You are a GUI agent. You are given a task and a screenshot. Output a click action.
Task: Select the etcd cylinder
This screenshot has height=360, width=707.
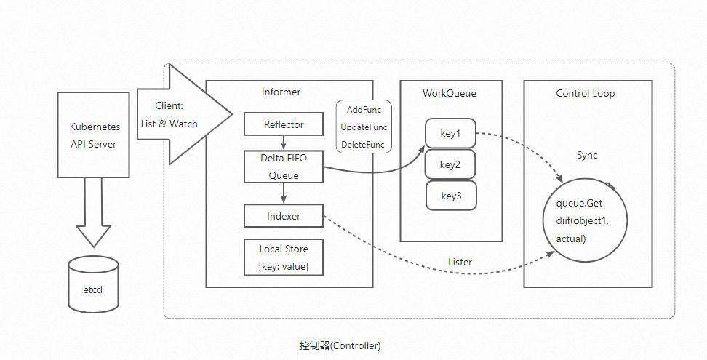click(x=93, y=284)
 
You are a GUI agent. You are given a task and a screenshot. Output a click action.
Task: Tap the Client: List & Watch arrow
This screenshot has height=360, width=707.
click(x=182, y=115)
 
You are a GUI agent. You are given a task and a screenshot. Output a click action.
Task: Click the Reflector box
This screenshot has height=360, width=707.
click(x=284, y=124)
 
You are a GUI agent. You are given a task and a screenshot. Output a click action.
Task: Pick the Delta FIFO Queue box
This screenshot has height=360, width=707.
click(x=284, y=167)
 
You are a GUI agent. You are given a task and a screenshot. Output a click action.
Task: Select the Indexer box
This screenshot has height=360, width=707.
click(x=284, y=216)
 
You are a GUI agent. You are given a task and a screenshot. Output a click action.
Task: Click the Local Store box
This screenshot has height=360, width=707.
click(x=284, y=257)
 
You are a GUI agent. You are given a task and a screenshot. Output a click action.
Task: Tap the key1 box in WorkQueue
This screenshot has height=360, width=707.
click(x=450, y=134)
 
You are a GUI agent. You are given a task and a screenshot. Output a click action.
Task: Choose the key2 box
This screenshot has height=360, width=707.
click(x=450, y=164)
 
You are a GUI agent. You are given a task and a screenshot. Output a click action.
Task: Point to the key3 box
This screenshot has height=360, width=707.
click(x=450, y=196)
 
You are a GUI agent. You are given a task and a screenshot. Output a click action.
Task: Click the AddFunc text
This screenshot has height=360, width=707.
click(x=364, y=110)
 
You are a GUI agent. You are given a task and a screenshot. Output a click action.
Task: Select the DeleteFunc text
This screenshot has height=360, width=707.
click(x=363, y=145)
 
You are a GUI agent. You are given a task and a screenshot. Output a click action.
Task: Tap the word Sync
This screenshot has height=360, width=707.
click(x=586, y=156)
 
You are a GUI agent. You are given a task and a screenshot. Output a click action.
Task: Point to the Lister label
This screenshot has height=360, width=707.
click(x=460, y=262)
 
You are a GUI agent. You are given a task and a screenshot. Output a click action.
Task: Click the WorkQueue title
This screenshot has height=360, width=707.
click(x=450, y=93)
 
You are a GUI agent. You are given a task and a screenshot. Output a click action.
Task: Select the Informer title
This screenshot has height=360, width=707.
click(x=281, y=92)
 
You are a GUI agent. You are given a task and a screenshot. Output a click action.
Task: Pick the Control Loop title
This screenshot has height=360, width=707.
click(x=585, y=93)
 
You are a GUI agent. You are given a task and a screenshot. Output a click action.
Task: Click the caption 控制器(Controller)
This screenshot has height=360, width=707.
click(x=340, y=345)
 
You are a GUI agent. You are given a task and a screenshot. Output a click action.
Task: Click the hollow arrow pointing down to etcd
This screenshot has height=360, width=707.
click(x=94, y=211)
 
